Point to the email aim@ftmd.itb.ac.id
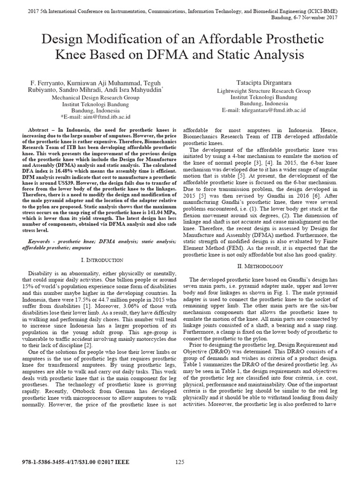(x=96, y=116)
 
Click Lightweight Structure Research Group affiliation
(x=264, y=91)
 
